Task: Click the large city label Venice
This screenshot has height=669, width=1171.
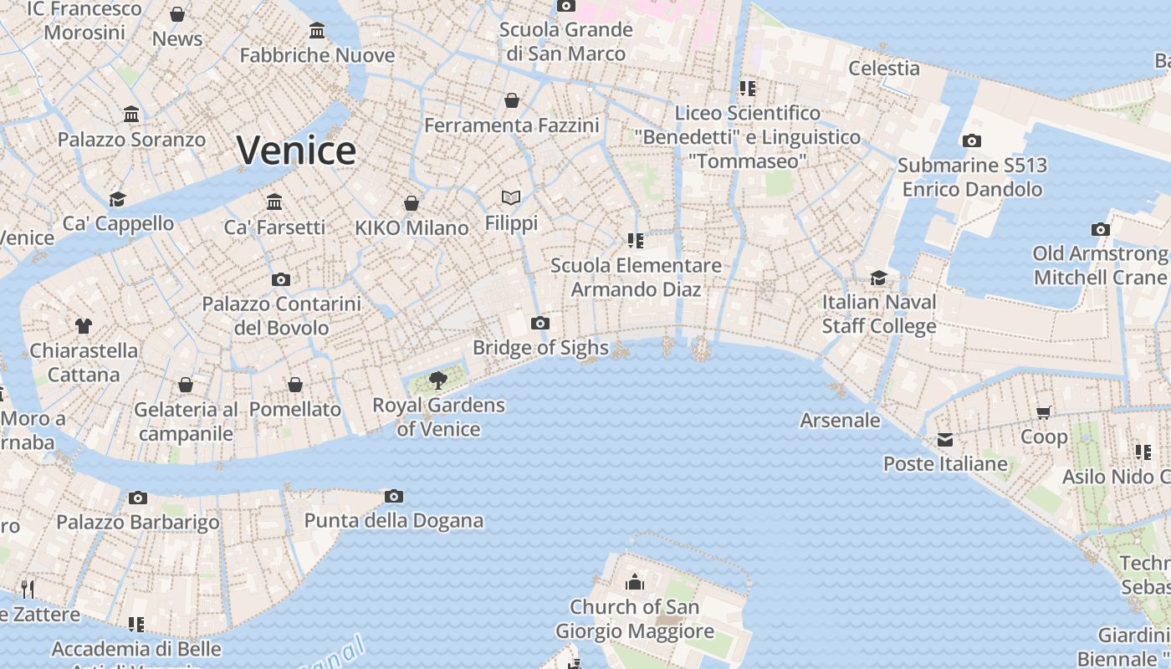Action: coord(296,151)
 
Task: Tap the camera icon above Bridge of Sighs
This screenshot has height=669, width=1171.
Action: coord(540,323)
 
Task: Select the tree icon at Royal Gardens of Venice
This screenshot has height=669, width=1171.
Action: coord(437,380)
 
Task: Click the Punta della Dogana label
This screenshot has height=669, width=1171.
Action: coord(393,520)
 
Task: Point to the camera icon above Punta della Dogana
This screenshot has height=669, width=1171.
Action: coord(394,496)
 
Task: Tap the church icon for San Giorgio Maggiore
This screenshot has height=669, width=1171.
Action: coord(635,581)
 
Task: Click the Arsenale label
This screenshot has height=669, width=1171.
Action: coord(840,420)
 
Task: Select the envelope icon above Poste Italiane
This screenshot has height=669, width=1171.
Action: coord(945,439)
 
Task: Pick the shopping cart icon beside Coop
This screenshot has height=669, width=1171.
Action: coord(1044,412)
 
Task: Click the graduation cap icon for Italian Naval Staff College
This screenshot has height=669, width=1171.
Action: coord(878,278)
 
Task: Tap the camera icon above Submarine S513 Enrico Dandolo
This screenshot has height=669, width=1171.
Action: coord(971,140)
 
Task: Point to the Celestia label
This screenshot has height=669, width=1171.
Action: coord(884,68)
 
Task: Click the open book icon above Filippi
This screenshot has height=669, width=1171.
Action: coord(511,198)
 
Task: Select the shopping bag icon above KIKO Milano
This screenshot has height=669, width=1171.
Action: coord(412,202)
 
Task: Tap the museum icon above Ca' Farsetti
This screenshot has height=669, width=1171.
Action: coord(274,202)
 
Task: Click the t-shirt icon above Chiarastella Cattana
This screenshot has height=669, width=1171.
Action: coord(83,325)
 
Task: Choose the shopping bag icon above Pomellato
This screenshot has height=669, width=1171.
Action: coord(295,385)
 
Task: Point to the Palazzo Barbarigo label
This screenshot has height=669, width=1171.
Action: coord(138,522)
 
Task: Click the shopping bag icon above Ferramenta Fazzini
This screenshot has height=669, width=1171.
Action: coord(512,100)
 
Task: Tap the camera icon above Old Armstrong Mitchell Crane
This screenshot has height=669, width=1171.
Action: coord(1100,229)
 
